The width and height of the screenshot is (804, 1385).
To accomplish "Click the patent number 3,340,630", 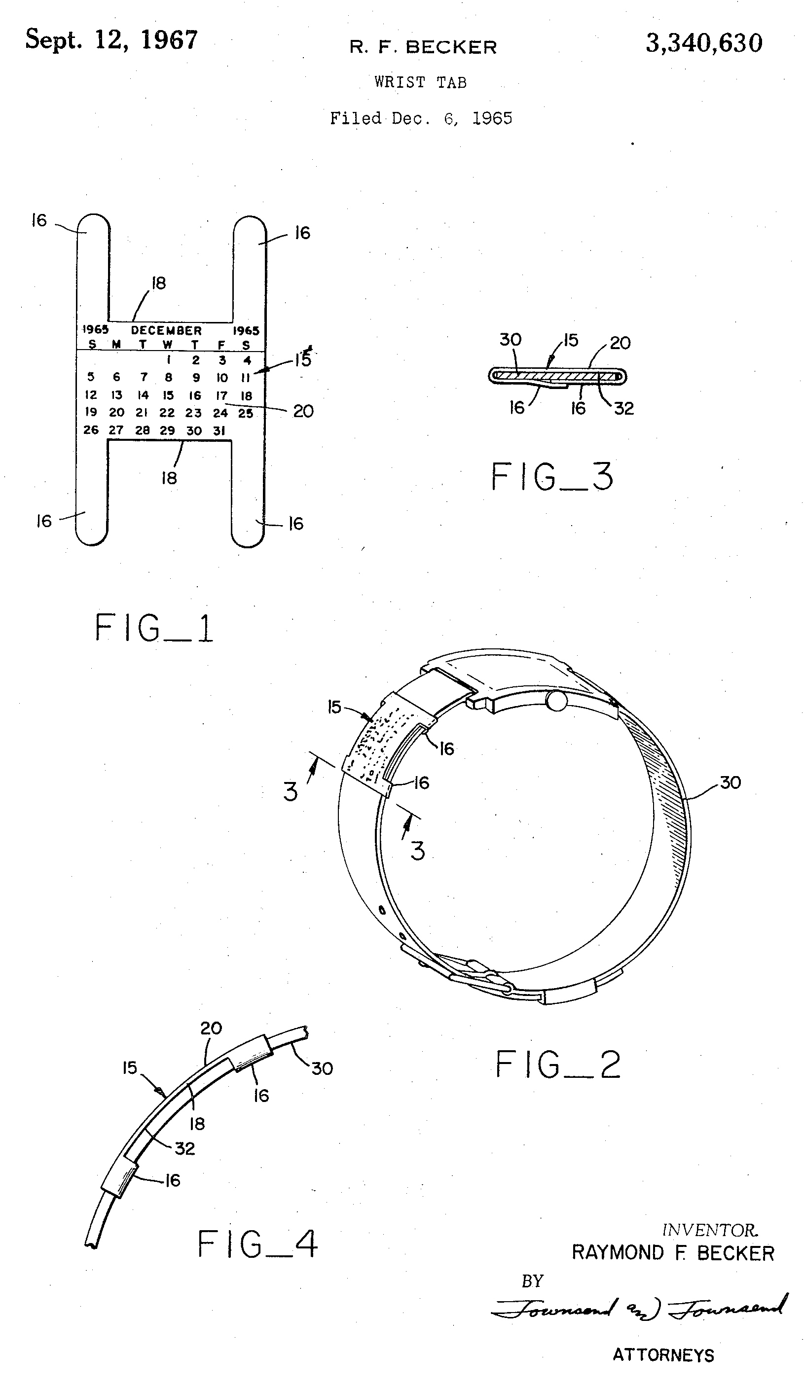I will (704, 43).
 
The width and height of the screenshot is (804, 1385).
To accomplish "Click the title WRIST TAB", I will (421, 82).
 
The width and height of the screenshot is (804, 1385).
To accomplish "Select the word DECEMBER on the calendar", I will (166, 330).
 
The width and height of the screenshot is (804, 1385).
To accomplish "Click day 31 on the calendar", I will (219, 431).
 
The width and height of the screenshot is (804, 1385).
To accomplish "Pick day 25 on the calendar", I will (246, 413).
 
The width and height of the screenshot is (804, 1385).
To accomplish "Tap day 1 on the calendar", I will (168, 360).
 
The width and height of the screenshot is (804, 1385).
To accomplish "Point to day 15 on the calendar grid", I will (168, 395).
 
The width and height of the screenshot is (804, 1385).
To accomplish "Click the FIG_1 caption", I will (154, 628).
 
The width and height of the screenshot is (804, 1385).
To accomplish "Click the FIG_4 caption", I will (257, 1244).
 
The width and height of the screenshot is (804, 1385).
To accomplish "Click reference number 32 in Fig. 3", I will (623, 408).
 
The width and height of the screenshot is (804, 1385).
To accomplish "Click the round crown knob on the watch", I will (556, 701).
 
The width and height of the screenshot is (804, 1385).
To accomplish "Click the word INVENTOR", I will (709, 1230).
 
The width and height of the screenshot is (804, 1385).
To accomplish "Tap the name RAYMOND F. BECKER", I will (673, 1253).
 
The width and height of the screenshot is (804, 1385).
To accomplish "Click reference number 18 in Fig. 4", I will (197, 1124).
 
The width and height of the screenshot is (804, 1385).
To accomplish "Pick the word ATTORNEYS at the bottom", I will (663, 1355).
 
